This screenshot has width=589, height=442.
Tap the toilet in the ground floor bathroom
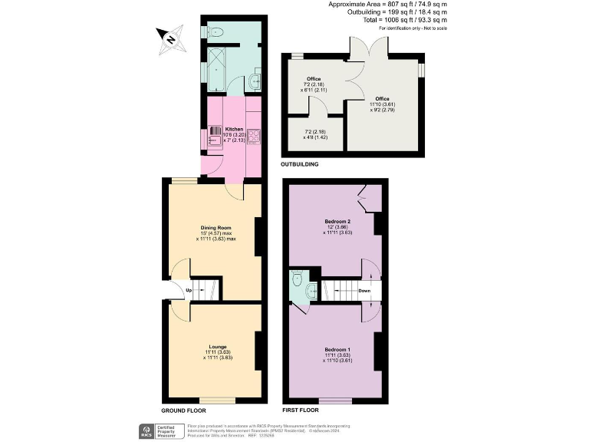pos(215,31)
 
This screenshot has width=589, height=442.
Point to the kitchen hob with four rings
pos(255,136)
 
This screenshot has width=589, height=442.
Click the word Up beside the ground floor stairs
pos(188,290)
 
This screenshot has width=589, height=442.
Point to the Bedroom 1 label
pos(337,351)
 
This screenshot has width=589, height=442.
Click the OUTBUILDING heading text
pos(300,165)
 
